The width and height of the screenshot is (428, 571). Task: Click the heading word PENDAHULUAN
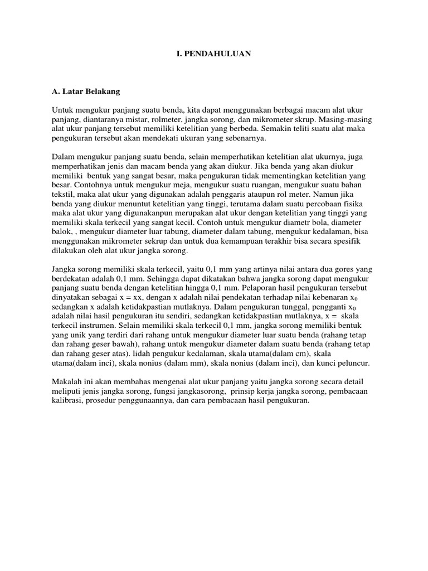223,54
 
